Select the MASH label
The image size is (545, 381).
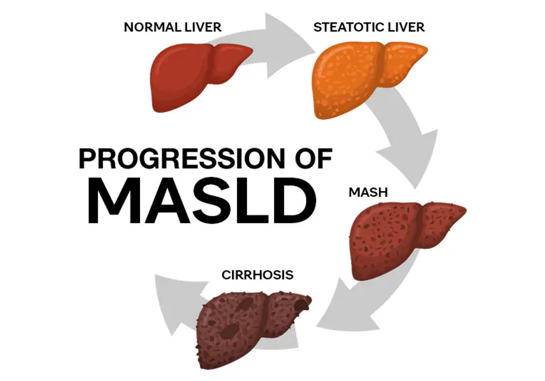point(368,192)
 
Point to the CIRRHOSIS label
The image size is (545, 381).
point(258,275)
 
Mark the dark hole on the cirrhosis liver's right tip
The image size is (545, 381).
point(302,304)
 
